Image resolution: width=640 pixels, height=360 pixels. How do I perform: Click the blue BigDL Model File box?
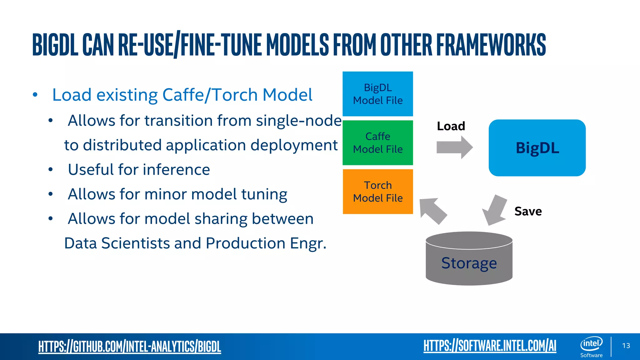(x=377, y=94)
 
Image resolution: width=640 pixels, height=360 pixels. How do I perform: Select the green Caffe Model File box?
(x=377, y=142)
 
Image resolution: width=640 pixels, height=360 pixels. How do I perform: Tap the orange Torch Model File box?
(x=377, y=191)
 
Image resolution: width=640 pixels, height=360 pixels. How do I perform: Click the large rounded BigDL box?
(x=537, y=148)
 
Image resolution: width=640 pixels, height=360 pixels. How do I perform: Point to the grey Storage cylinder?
(x=469, y=259)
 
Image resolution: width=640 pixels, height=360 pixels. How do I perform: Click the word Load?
(x=451, y=126)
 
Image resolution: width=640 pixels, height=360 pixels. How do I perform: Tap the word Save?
(x=528, y=212)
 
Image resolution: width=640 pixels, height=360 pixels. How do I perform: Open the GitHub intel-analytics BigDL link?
(x=129, y=347)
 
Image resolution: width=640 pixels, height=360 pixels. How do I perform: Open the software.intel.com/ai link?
(x=490, y=346)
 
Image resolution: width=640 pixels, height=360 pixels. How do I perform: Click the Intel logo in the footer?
(x=591, y=344)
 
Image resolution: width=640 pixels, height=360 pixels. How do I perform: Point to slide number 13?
(x=626, y=346)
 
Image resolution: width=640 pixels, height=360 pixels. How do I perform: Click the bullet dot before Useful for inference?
(x=51, y=170)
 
